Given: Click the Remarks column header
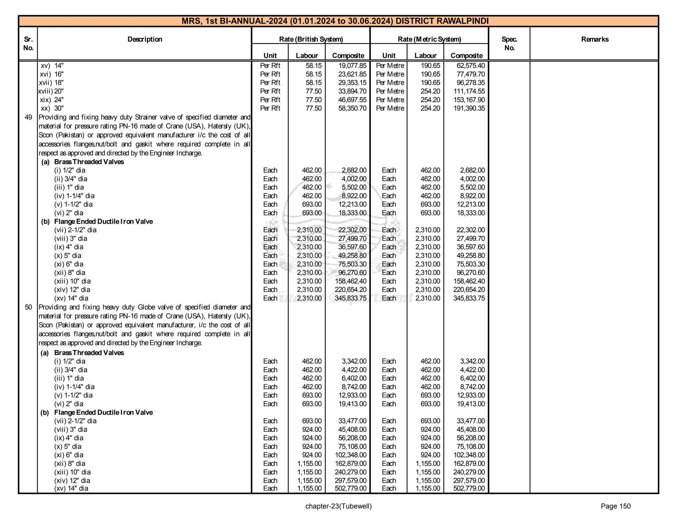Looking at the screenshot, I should coord(595,39).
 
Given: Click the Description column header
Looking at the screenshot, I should coord(145,39).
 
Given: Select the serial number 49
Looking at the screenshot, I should coord(28,117).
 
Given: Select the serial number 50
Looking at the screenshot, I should coord(28,307).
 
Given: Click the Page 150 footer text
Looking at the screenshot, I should coord(615,506).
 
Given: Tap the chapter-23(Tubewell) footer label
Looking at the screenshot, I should coord(338,506).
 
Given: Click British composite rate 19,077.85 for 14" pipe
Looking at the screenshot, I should coord(352,66).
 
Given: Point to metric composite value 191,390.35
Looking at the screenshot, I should coord(469,108).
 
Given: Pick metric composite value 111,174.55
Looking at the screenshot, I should coord(469,91).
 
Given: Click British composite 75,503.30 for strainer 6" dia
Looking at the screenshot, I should coord(352,264).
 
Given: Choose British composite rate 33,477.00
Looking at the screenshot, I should coord(352,421).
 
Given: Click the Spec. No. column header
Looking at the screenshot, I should coord(509,43).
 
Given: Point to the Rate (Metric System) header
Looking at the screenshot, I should coord(429,39).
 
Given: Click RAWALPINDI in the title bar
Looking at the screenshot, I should coord(462,21).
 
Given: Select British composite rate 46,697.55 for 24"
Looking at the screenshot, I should coord(352,100).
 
